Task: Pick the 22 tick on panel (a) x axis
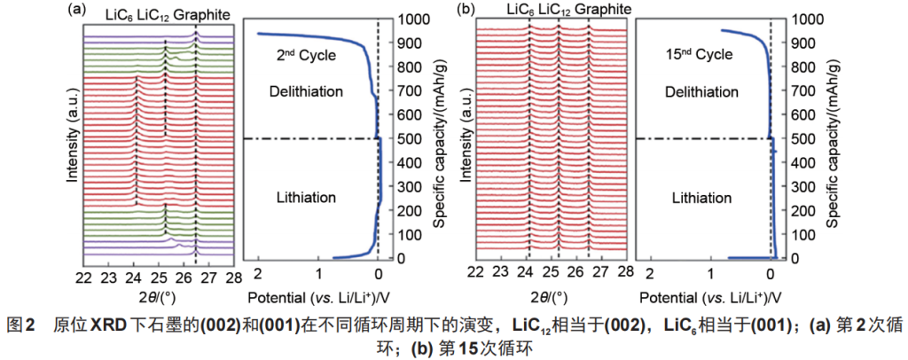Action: click(x=83, y=271)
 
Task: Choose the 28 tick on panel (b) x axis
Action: click(x=626, y=271)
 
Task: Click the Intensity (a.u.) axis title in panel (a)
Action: click(x=73, y=139)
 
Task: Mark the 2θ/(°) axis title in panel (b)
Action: click(x=550, y=295)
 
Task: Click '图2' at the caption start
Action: click(x=20, y=325)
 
